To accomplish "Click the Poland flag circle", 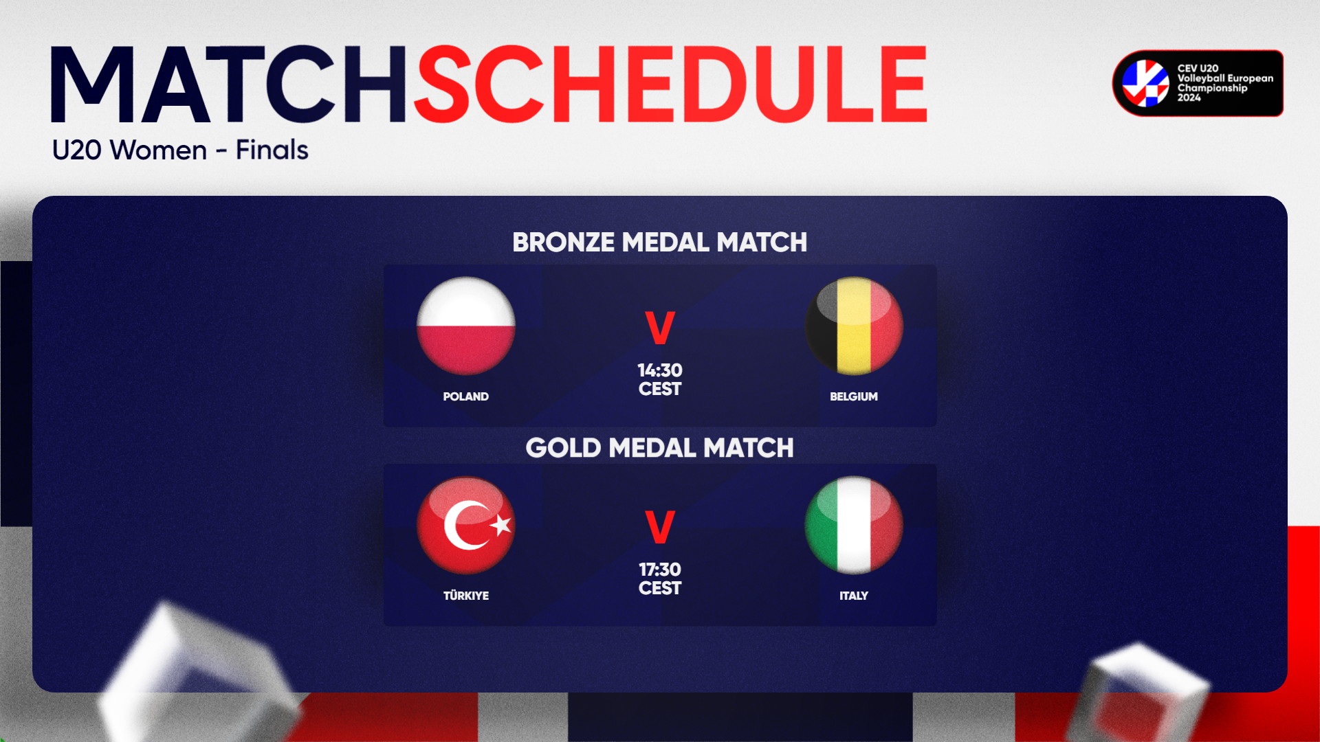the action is pos(466,326).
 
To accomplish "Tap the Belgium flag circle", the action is pos(854,326).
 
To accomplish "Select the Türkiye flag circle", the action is pos(466,525).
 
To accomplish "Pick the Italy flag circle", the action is pos(854,525).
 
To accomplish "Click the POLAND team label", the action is pos(466,396).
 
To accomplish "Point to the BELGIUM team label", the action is pos(854,396).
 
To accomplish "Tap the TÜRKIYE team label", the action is pos(466,595).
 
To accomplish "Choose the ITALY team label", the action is pos(854,596).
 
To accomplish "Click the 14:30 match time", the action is pos(660,370).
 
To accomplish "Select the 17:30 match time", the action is pos(660,570).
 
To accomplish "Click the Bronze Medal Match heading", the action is pos(660,243).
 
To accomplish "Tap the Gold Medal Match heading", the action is pos(660,448).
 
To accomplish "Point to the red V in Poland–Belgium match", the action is pos(660,328).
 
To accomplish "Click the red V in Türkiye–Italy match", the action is pos(660,527).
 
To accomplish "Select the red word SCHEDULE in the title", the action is pos(670,85).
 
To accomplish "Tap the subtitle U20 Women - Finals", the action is pos(180,150).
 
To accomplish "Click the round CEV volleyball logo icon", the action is pos(1145,83).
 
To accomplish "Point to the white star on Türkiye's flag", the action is pos(501,525).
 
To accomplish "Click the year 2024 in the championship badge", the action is pos(1189,98).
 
